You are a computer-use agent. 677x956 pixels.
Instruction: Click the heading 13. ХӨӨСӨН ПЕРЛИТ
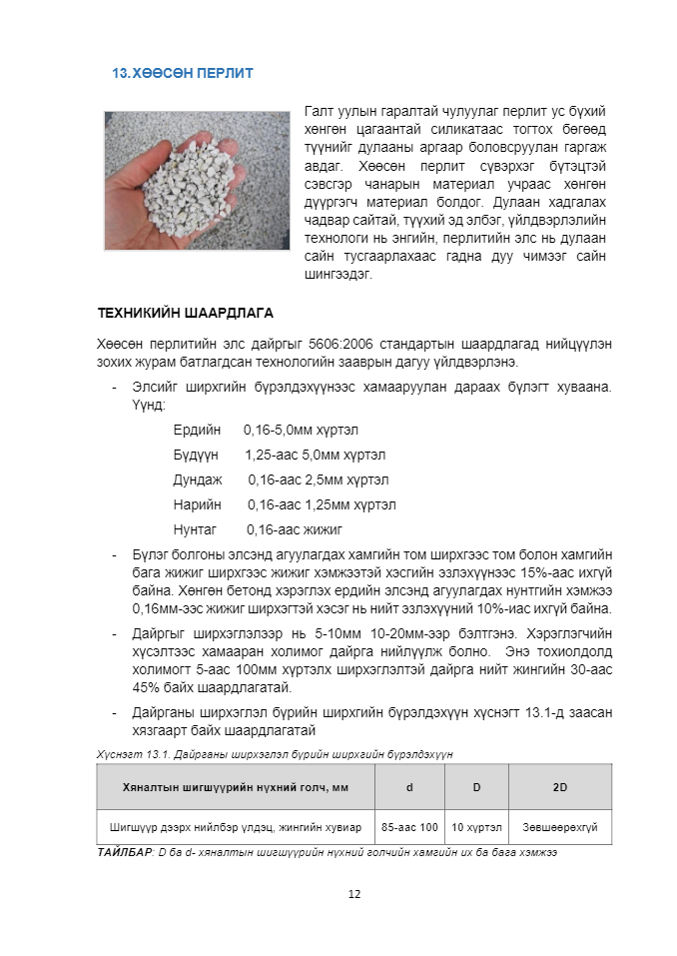click(x=183, y=73)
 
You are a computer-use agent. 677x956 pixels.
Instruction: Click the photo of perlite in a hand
click(x=197, y=180)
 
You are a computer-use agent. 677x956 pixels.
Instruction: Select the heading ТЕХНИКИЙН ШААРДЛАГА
click(x=185, y=313)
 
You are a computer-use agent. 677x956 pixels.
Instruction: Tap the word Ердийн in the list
click(x=197, y=430)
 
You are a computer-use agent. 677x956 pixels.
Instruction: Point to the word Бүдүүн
click(x=197, y=455)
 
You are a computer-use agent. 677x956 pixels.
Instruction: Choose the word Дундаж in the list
click(x=198, y=479)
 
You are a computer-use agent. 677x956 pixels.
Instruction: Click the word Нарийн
click(x=197, y=504)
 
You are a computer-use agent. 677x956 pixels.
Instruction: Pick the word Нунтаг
click(x=195, y=529)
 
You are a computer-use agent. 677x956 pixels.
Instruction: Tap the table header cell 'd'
click(x=409, y=787)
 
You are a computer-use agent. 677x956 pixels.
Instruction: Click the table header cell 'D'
click(x=476, y=787)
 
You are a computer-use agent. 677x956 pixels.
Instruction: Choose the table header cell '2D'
click(x=560, y=787)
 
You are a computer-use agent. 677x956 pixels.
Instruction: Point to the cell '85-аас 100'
click(x=409, y=827)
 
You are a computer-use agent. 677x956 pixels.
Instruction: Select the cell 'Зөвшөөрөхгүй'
click(x=560, y=827)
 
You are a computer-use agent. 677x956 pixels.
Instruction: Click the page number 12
click(x=353, y=893)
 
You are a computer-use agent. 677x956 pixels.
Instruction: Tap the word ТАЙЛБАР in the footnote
click(x=125, y=852)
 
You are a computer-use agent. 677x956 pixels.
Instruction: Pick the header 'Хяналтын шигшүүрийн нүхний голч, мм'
click(x=236, y=787)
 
